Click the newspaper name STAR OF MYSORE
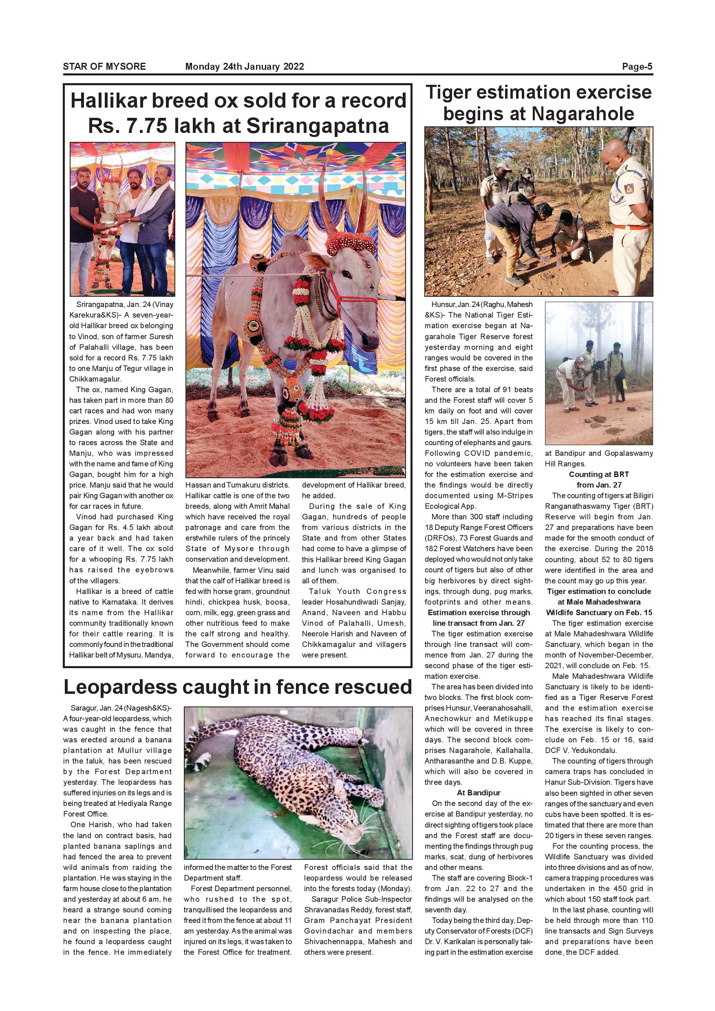point(104,67)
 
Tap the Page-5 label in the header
point(637,67)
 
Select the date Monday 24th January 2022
point(244,67)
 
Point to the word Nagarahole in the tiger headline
point(583,114)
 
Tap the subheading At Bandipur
point(479,793)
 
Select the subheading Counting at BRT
point(599,474)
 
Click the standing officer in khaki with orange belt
point(627,207)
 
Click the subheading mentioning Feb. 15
point(599,602)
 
